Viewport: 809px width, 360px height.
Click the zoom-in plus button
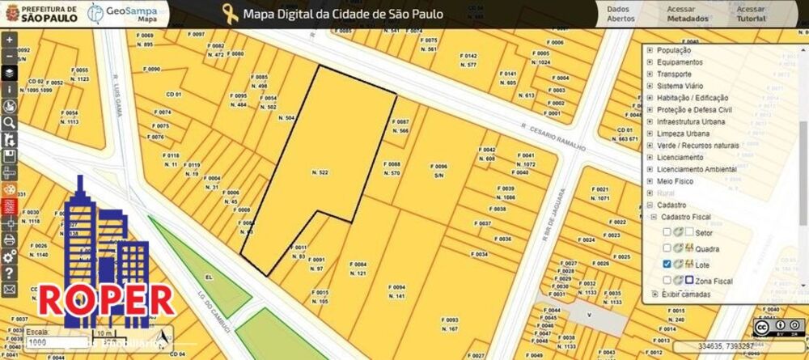point(9,39)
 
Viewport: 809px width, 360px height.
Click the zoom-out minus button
point(9,55)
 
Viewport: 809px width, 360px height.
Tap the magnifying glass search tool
point(9,122)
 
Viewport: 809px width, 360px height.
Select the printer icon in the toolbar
point(9,239)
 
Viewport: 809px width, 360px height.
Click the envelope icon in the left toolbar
point(9,289)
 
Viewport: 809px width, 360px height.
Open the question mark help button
point(9,273)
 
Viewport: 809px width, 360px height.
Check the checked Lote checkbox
point(667,265)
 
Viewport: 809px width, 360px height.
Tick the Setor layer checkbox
point(667,232)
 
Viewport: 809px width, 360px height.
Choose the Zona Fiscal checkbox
point(667,280)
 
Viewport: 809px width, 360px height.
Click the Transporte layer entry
point(674,74)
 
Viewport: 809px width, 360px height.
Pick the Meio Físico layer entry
point(675,181)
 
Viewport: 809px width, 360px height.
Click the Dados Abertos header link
point(621,13)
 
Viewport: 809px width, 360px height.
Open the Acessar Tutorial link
point(752,13)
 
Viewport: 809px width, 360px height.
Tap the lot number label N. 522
point(319,173)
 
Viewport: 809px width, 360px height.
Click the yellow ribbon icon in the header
point(231,13)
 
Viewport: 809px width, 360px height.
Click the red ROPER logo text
point(107,299)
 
